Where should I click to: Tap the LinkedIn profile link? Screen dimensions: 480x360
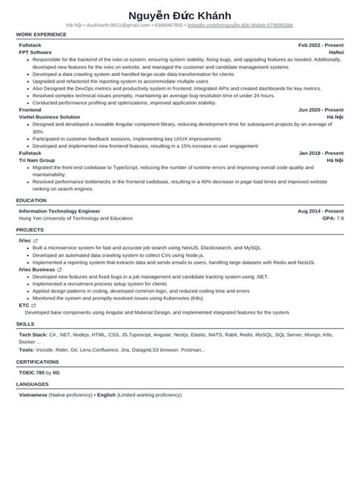240,25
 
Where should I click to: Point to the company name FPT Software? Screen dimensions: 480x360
36,52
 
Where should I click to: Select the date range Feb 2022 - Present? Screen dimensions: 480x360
321,46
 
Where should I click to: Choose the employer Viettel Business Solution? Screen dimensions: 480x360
50,117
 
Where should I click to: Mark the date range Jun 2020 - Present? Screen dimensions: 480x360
321,110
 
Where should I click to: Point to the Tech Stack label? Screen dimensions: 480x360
33,333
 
